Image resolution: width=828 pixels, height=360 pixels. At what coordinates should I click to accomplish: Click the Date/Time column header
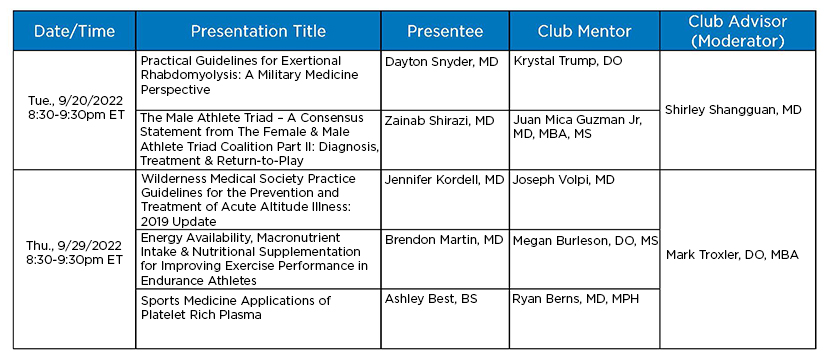point(74,31)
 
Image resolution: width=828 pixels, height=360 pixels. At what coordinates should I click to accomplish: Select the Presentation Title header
point(258,31)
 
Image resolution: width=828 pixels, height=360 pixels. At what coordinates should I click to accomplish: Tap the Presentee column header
point(445,31)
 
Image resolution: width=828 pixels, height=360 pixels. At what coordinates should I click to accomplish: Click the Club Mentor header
point(585,31)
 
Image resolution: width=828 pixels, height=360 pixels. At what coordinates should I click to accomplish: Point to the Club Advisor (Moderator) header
point(738,31)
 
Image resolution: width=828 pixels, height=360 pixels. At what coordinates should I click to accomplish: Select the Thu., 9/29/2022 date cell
point(74,252)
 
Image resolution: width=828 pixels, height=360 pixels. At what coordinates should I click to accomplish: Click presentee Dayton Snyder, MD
point(441,62)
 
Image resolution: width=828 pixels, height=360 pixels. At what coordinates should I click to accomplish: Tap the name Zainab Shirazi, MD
point(439,121)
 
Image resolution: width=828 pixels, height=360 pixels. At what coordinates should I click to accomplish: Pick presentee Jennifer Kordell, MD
point(445,180)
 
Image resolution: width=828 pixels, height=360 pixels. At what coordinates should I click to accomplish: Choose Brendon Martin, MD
point(444,240)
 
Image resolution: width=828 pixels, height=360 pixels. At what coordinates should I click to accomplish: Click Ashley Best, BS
point(431,299)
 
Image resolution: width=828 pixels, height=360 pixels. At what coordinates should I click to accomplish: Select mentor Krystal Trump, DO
point(568,61)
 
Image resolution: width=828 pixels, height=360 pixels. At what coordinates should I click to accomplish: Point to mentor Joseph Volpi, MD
point(563,180)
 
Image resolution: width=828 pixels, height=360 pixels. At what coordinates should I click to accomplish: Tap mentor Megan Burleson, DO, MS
point(585,241)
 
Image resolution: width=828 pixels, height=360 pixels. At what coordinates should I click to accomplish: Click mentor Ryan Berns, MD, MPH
point(576,299)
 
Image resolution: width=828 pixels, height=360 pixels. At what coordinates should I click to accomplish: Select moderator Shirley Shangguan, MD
point(733,110)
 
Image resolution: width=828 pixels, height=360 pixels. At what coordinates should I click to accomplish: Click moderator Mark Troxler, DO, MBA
point(732,255)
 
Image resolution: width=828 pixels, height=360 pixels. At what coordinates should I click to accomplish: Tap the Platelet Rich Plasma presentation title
point(236,308)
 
